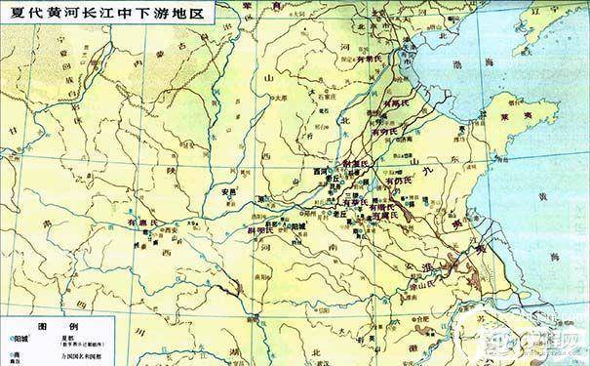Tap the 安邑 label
230,190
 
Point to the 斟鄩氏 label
240,228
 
